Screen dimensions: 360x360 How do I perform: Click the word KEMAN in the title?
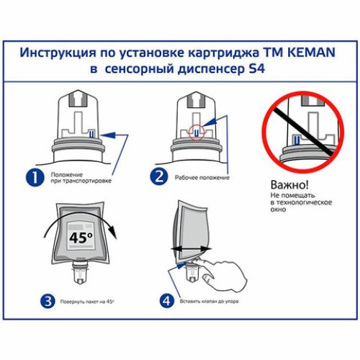click(x=310, y=53)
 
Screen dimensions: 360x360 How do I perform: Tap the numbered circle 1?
click(x=34, y=176)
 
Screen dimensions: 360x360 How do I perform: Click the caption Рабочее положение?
click(x=202, y=177)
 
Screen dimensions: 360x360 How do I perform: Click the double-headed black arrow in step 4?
click(x=189, y=248)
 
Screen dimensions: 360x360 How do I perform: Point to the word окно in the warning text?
click(x=279, y=210)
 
